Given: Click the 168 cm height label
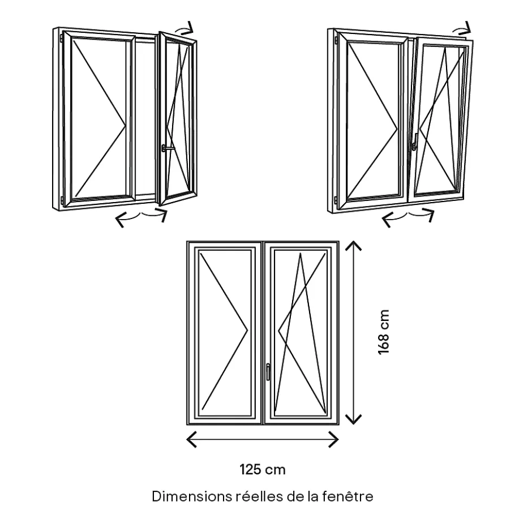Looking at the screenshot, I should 384,332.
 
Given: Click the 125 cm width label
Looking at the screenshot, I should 262,469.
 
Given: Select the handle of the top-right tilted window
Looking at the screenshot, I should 415,142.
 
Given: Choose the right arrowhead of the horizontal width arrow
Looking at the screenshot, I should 336,439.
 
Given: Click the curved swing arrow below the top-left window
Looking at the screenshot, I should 141,217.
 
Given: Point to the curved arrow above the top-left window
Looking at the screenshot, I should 186,28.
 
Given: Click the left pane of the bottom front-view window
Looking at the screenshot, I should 225,331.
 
